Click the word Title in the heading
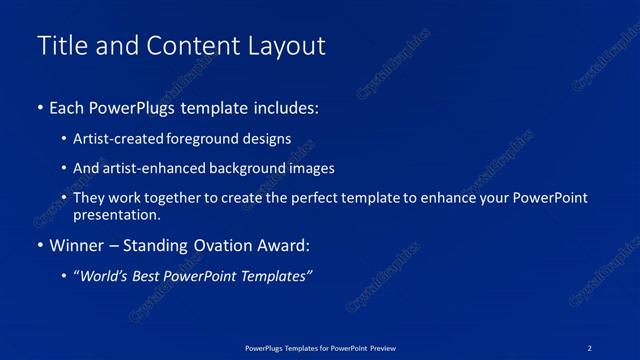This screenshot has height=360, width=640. (61, 46)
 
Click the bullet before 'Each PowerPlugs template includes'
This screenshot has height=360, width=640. (39, 106)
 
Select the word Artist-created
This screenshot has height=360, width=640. (117, 139)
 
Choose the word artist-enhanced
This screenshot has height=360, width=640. (149, 169)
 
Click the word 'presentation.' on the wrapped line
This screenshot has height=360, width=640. (116, 214)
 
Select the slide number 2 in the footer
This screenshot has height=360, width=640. (590, 347)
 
